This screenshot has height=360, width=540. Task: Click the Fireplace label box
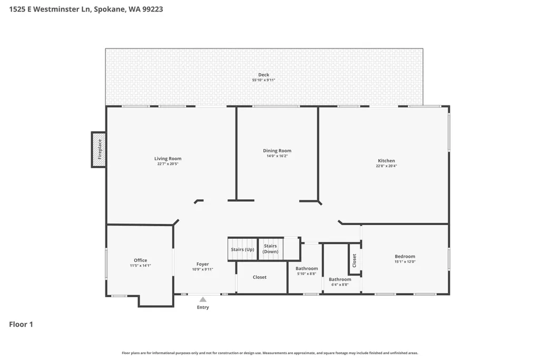tap(99, 150)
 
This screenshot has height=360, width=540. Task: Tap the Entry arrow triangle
tap(203, 299)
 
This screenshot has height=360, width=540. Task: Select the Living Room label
tap(168, 159)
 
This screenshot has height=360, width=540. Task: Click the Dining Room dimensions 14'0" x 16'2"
tap(277, 156)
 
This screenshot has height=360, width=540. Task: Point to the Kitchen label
tap(386, 161)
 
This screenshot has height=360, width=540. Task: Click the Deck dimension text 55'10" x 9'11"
tap(263, 80)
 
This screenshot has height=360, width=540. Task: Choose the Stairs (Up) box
tap(242, 249)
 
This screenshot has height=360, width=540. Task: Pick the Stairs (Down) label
tap(270, 248)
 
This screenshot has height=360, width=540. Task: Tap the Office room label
tap(141, 260)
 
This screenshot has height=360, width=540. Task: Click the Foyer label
tap(202, 264)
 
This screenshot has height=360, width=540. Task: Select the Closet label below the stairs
tap(259, 277)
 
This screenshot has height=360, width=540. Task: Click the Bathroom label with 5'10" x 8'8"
tap(307, 268)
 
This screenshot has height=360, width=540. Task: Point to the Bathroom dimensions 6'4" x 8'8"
tap(340, 285)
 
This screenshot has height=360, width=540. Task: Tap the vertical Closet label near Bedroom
tap(354, 260)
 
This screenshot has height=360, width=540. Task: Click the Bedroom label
tap(405, 256)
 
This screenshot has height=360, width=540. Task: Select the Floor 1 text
tap(21, 324)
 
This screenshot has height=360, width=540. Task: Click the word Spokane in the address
tap(110, 9)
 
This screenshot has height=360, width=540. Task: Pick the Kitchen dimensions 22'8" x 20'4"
tap(386, 166)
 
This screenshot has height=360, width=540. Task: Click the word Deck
tap(264, 75)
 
